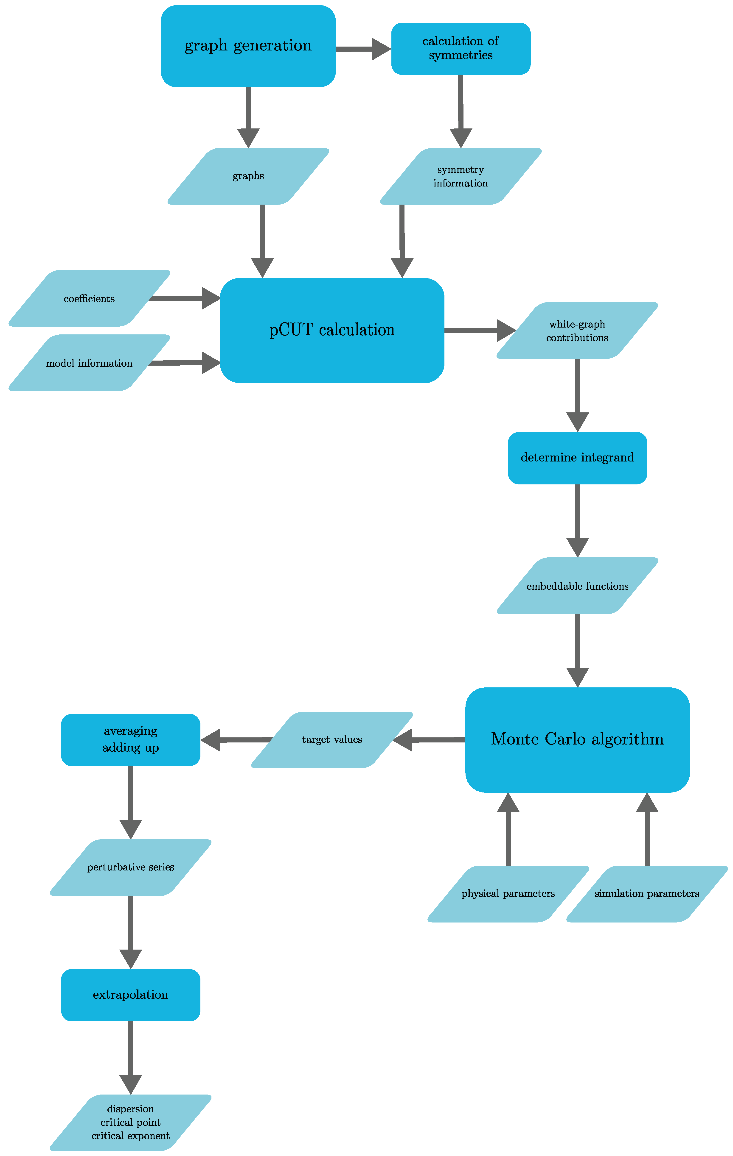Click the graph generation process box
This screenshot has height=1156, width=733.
pos(248,46)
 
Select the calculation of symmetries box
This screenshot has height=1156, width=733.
pos(461,48)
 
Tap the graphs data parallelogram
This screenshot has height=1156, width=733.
pos(248,176)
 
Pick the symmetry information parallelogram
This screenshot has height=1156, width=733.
pos(461,176)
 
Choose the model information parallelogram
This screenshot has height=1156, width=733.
pos(89,363)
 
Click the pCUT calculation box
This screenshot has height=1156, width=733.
pos(332,330)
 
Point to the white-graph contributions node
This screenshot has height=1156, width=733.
pos(577,331)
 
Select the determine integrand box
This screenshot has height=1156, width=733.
pos(577,458)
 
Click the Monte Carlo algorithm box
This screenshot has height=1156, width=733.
pos(577,739)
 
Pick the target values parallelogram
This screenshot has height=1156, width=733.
pos(332,740)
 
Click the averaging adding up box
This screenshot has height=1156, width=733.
pos(131,739)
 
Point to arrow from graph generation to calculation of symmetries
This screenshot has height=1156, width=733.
pos(363,49)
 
